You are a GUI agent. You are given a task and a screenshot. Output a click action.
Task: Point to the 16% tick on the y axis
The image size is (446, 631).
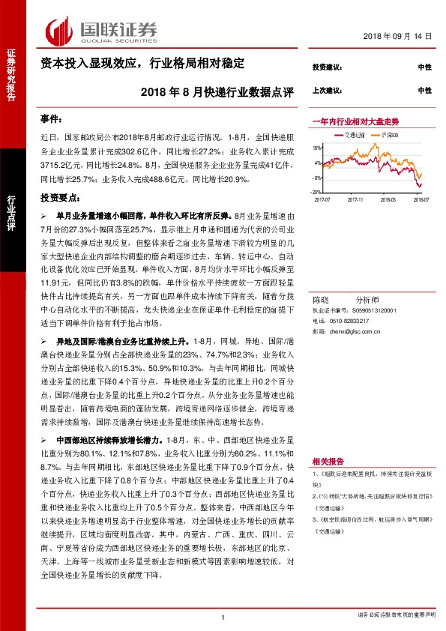(317, 148)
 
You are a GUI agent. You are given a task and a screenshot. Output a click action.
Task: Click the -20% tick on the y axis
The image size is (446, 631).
(316, 192)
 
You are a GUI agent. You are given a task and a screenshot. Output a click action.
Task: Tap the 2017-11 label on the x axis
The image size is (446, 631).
(355, 200)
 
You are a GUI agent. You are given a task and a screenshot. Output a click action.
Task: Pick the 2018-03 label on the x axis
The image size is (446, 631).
(387, 200)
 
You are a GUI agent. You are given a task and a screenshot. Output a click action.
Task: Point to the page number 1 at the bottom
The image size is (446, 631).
(223, 616)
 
